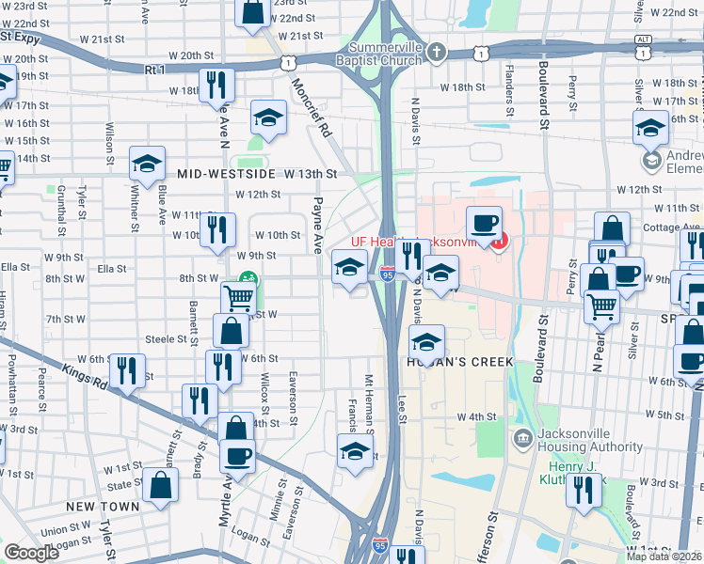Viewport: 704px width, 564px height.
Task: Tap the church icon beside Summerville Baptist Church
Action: coord(436,53)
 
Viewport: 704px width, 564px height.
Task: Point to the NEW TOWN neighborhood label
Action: coord(104,506)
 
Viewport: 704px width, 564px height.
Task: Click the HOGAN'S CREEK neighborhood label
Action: coord(460,362)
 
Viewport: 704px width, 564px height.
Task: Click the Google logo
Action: coord(31,553)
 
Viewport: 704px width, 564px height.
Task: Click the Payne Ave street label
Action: coord(318,225)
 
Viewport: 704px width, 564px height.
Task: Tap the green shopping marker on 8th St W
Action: coord(248,278)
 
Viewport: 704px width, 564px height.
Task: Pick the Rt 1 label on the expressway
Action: coord(155,69)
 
